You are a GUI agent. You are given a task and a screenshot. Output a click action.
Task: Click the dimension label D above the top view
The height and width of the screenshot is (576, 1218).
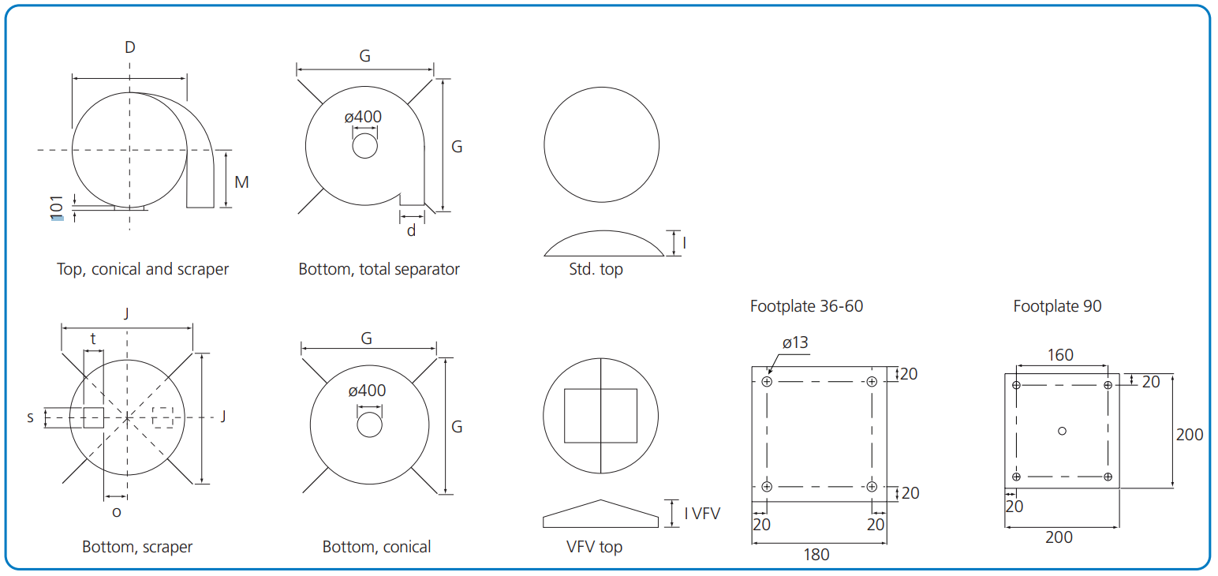130,47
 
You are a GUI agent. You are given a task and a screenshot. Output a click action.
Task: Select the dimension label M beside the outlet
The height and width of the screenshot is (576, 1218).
241,182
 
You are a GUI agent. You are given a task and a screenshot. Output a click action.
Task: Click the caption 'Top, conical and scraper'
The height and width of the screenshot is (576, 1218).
143,269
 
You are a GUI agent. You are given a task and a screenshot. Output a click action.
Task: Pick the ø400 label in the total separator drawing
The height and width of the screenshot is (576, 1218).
363,117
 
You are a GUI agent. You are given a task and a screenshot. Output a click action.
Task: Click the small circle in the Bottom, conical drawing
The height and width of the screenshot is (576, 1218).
369,425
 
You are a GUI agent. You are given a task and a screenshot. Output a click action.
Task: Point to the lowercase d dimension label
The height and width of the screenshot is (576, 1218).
411,230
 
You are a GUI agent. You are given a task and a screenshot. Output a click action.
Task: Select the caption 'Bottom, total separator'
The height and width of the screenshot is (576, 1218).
379,269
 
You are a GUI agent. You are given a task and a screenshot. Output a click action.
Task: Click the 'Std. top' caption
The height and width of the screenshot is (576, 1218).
596,269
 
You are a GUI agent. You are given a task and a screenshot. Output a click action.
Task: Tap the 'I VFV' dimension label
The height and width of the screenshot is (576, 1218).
702,514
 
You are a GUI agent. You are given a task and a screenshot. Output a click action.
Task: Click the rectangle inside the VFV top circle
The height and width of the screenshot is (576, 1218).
600,415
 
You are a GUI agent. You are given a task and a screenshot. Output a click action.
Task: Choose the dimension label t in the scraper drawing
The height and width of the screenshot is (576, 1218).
93,339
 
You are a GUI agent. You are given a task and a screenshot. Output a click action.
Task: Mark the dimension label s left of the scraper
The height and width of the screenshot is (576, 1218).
31,417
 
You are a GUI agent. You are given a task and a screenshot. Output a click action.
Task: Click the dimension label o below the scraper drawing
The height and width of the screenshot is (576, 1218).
117,511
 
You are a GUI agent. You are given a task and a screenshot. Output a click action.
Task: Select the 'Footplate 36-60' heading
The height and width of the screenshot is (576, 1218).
806,306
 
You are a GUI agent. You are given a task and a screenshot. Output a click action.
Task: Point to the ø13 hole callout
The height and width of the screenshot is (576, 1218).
795,343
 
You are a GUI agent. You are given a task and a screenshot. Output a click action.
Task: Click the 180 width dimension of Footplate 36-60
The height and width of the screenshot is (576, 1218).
816,555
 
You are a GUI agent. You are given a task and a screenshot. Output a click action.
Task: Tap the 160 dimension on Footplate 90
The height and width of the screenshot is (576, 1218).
1060,355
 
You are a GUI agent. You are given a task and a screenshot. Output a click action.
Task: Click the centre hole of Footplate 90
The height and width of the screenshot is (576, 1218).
1062,430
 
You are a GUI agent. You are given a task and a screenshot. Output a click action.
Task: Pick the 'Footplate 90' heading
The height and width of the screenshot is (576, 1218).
1057,306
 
